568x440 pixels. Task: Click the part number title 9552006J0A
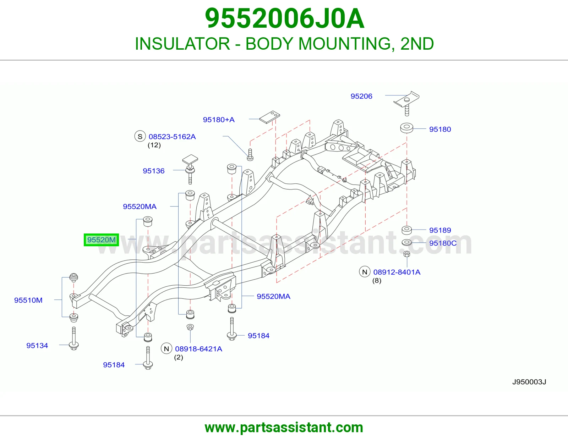tap(284, 19)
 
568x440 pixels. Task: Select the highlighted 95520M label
tap(101, 240)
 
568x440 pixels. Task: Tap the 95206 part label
tap(361, 97)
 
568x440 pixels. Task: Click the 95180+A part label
tap(219, 120)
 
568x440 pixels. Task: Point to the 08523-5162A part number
tap(172, 137)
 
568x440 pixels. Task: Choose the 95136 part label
tap(153, 171)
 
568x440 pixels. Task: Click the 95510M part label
tap(28, 300)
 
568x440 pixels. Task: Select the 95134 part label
tap(37, 346)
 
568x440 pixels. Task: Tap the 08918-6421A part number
tap(198, 349)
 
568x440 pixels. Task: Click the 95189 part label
tap(440, 230)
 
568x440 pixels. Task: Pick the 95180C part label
tap(443, 243)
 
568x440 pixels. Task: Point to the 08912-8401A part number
tap(397, 272)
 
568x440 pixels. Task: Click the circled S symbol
tap(140, 136)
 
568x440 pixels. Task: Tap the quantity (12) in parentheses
tap(154, 145)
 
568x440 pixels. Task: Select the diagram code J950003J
tap(529, 382)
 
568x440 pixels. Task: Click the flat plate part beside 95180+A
tap(269, 117)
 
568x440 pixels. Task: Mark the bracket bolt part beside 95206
tap(407, 103)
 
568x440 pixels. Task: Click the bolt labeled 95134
tap(74, 339)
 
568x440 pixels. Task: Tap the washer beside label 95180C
tap(406, 242)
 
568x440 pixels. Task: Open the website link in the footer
tap(284, 428)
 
